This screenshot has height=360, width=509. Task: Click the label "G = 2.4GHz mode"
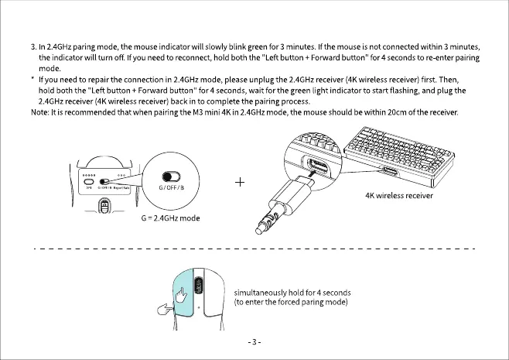(170, 218)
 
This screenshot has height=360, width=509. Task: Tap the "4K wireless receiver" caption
(398, 195)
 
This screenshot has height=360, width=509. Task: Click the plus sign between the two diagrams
(240, 182)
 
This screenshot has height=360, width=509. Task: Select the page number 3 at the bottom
(254, 341)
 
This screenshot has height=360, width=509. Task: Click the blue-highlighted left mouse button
(185, 290)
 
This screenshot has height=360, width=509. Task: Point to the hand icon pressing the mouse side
(165, 311)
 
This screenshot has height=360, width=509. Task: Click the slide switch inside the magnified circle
(169, 176)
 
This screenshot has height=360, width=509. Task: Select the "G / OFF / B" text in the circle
(170, 188)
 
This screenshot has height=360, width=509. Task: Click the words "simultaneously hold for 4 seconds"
(292, 292)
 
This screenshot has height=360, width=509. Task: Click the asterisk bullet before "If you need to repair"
(32, 80)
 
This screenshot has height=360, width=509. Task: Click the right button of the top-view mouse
(210, 290)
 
